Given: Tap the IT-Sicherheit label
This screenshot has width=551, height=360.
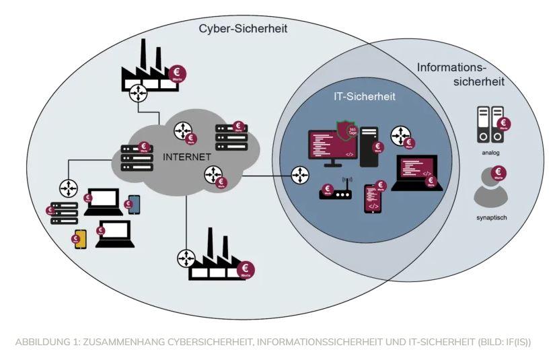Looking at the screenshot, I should coord(364,96).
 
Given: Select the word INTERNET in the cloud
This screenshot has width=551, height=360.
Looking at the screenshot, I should coord(188,157).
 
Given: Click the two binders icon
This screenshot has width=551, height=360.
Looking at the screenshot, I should coord(490,124).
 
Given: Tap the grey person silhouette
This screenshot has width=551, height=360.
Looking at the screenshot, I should coord(488,190).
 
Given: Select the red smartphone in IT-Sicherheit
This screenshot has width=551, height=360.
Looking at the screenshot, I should coord(373,199).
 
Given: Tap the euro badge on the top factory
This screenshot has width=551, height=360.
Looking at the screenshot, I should coord(178,73).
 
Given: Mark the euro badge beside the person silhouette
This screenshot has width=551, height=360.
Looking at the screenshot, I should coord(500,174).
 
